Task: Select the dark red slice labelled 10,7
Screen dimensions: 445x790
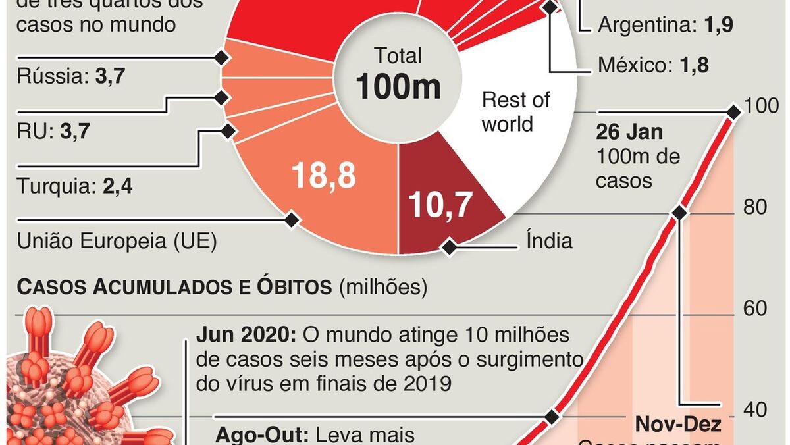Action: tap(440, 204)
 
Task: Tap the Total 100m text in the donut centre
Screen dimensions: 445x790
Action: tap(398, 74)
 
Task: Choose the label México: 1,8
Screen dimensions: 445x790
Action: tap(653, 66)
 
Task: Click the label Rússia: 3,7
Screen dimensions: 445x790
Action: tap(70, 77)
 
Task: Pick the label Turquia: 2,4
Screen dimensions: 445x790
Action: tap(74, 187)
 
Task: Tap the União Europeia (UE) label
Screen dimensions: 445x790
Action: tap(116, 242)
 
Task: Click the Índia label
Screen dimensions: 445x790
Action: tap(549, 241)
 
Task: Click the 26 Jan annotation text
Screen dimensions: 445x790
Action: tap(629, 132)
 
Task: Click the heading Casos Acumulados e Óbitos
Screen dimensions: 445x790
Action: tap(175, 288)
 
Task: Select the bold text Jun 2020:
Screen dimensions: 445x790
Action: tap(246, 335)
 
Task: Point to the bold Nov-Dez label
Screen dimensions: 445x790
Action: tap(678, 425)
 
